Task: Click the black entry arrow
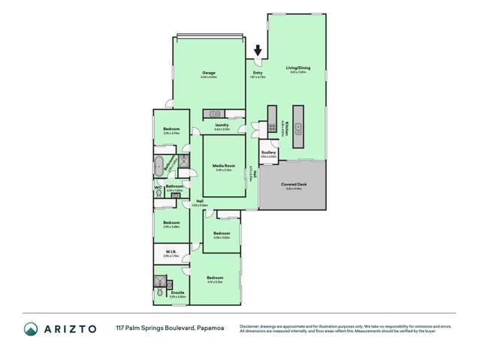(x=258, y=51)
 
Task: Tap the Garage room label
(x=208, y=73)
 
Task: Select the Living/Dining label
(x=298, y=68)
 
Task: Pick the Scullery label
(x=269, y=152)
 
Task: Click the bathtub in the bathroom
(x=160, y=165)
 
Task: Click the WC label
(x=158, y=187)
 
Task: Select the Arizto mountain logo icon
(x=32, y=329)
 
